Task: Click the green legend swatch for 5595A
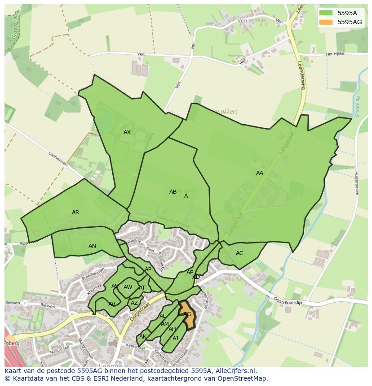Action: (x=325, y=13)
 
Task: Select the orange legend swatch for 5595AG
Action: (x=325, y=22)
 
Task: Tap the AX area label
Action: (x=127, y=132)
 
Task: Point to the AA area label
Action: (x=260, y=173)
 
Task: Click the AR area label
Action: (x=75, y=213)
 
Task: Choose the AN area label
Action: (x=92, y=246)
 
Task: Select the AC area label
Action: (x=239, y=253)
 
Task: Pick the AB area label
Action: (x=173, y=192)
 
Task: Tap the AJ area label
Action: (x=176, y=338)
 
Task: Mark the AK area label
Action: (x=143, y=337)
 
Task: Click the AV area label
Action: (x=112, y=304)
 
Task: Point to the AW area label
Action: (x=128, y=287)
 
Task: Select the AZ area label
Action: (x=134, y=303)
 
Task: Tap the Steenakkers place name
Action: (x=222, y=112)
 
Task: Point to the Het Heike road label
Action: (x=335, y=54)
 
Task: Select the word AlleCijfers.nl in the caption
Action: (x=235, y=371)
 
